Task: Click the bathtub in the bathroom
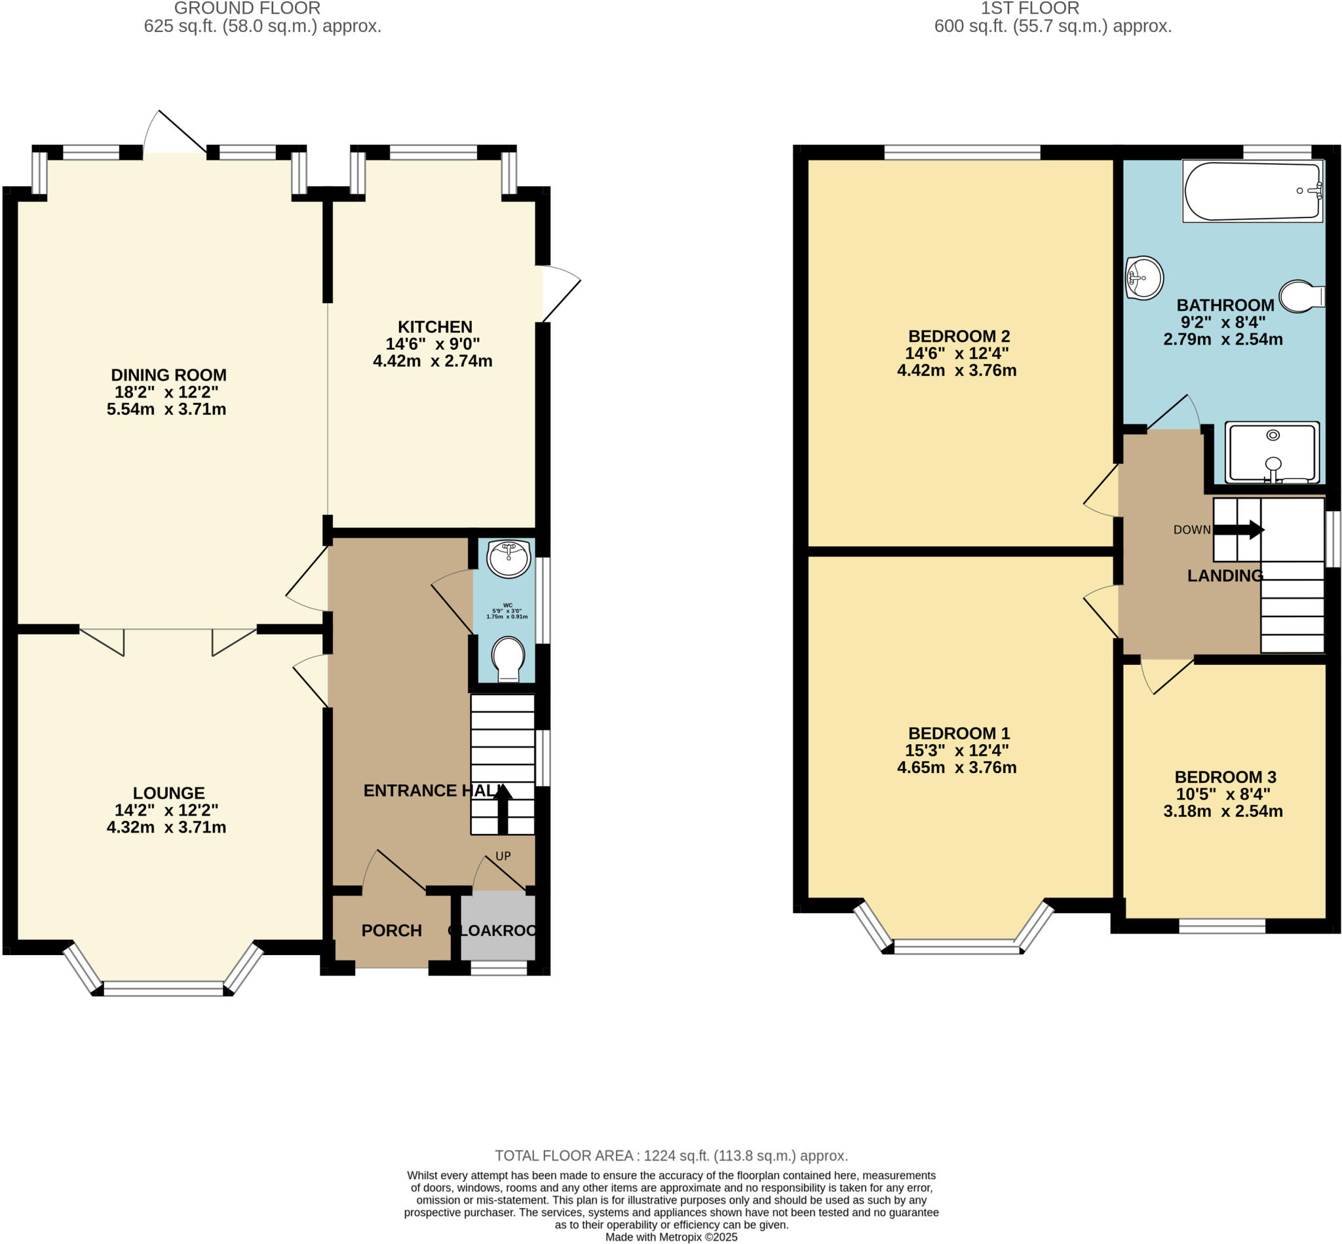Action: [1252, 191]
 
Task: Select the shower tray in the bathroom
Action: [1271, 453]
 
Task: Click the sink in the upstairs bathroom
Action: [1144, 277]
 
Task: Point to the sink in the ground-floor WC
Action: [509, 558]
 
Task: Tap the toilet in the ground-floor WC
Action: [508, 658]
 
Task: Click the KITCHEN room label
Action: [435, 327]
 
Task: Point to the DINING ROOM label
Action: [168, 375]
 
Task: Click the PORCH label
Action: [391, 930]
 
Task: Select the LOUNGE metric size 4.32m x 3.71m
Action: [166, 827]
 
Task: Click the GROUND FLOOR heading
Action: [247, 9]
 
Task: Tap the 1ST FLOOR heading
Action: [1029, 9]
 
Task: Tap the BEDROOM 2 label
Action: [958, 336]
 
